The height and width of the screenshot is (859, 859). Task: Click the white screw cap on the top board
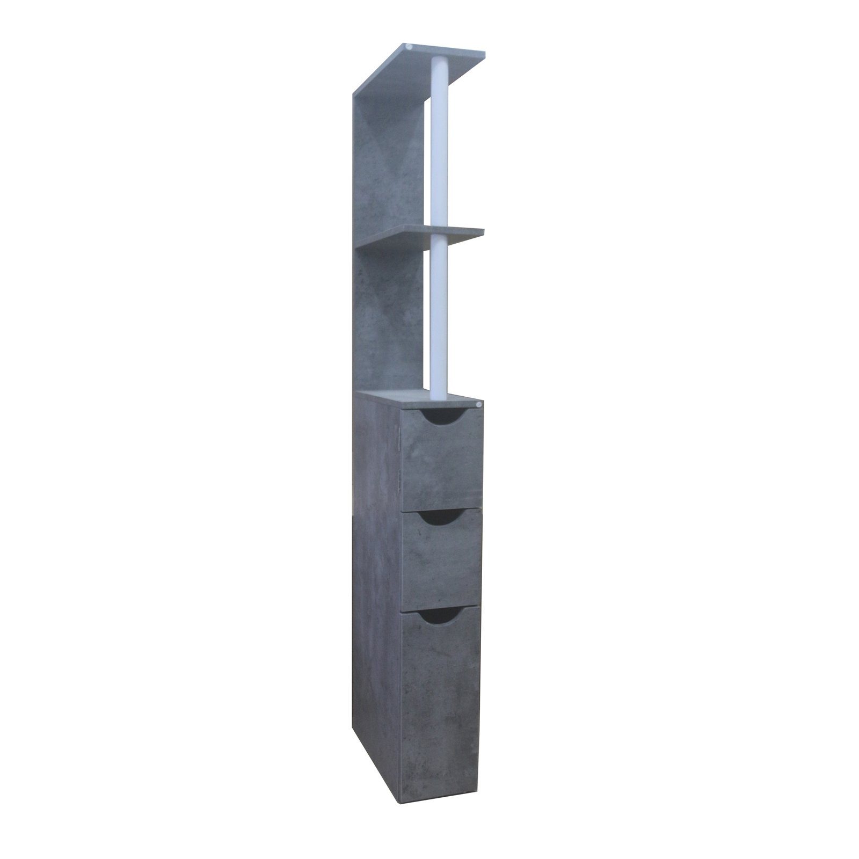pyautogui.click(x=410, y=47)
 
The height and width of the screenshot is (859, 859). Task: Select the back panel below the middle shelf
pyautogui.click(x=392, y=322)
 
